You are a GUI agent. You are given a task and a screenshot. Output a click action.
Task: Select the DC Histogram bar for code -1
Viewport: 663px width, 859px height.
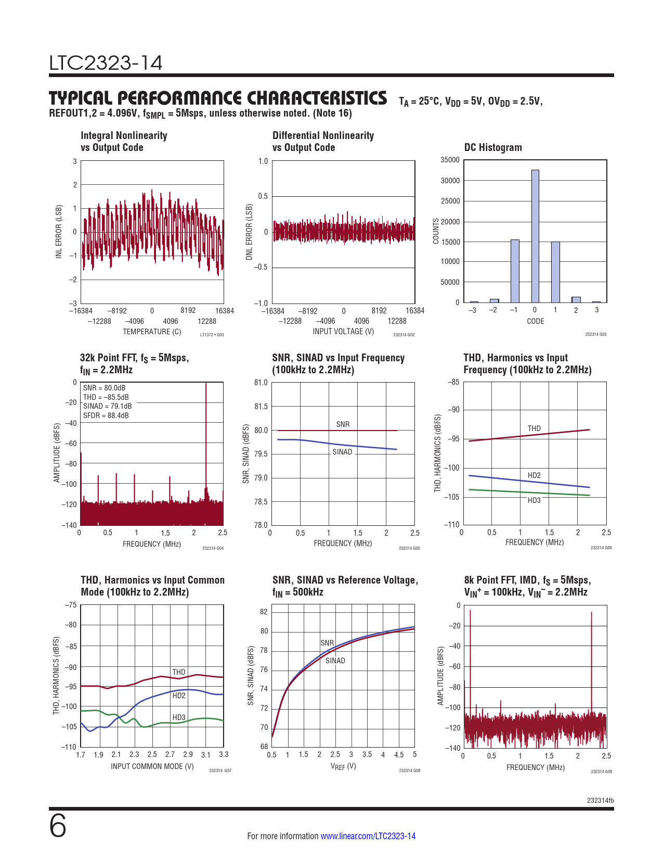click(x=515, y=271)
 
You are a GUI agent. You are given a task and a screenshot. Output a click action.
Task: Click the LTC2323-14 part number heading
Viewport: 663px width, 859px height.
click(x=106, y=63)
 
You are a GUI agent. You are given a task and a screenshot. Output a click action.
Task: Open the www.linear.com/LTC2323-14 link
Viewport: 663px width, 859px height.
click(x=368, y=836)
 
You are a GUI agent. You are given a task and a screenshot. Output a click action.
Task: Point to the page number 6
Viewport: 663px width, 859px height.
click(x=58, y=826)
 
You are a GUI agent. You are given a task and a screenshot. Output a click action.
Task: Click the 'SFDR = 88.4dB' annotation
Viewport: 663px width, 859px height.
click(x=106, y=415)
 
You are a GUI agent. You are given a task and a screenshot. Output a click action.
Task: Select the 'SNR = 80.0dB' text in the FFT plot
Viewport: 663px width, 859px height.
click(x=104, y=388)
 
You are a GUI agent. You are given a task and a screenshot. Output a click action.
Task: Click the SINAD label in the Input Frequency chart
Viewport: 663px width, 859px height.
click(x=342, y=452)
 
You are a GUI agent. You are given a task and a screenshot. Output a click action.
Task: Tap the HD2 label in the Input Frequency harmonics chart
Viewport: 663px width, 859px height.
click(x=534, y=475)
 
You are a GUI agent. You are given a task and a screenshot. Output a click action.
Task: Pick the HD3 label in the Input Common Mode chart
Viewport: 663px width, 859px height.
click(x=179, y=717)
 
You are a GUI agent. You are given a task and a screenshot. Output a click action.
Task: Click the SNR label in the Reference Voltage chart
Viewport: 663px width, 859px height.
click(x=327, y=643)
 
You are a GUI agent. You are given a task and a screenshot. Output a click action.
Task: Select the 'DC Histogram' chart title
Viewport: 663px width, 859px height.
click(x=493, y=147)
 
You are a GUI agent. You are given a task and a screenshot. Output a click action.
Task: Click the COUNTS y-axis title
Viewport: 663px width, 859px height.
click(x=436, y=231)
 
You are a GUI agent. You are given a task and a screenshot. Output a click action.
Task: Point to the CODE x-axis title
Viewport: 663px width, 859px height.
click(x=535, y=321)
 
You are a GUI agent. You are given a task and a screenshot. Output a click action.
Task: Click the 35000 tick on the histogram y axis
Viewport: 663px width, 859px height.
click(x=450, y=160)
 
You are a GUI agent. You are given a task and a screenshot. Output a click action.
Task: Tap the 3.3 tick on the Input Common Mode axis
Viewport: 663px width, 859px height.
click(x=224, y=754)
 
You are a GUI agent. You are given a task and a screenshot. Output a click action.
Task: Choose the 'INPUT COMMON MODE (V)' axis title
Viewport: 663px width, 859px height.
click(x=152, y=766)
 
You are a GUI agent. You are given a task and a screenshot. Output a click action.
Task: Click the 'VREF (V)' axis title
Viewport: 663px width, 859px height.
click(x=343, y=766)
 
